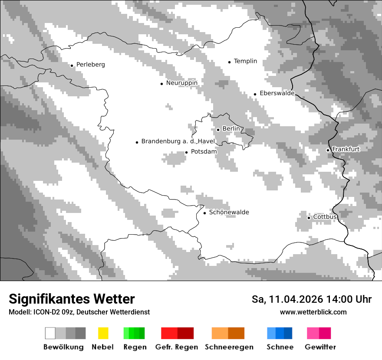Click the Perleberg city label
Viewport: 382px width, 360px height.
tap(90, 65)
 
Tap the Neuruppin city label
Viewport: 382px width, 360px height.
tap(181, 83)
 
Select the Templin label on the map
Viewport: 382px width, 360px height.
tap(245, 61)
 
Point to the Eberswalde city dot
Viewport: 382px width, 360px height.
tap(255, 94)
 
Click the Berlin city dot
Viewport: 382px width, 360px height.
tap(218, 130)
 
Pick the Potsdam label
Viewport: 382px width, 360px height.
tap(204, 152)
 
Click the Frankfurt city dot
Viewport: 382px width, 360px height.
tap(328, 150)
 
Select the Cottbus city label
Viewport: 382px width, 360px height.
tap(325, 217)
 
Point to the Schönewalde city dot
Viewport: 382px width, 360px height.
tap(205, 213)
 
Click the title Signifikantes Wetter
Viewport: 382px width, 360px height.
tap(72, 299)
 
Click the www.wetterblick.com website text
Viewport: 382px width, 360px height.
tap(313, 312)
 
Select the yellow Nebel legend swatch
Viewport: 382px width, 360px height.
tap(103, 333)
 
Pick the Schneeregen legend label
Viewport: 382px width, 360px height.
tap(229, 347)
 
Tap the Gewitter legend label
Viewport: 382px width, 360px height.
tap(320, 347)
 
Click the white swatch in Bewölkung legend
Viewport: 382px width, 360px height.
tap(50, 333)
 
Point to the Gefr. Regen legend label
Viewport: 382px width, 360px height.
tap(176, 347)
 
